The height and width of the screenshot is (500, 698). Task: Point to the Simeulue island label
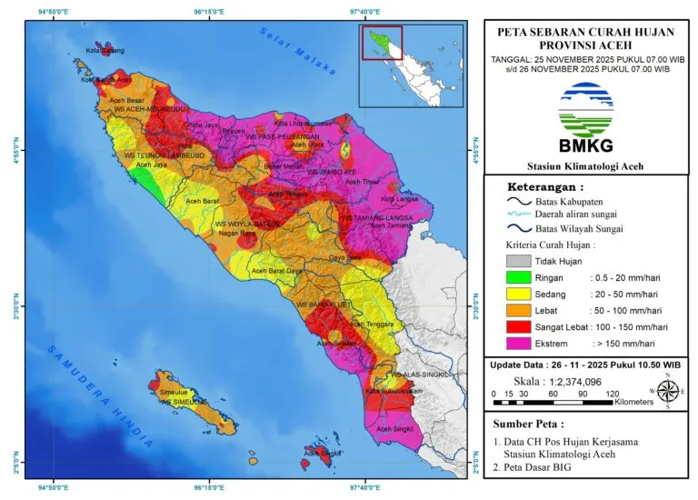[x=173, y=392]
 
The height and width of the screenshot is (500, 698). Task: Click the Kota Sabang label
[x=105, y=51]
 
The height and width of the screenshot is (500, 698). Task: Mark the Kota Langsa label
[x=400, y=198]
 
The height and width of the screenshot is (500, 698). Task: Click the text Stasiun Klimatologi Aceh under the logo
[x=584, y=165]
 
